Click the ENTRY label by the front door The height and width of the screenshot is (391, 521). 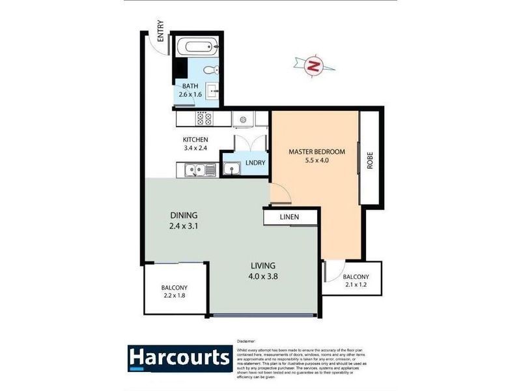click(160, 33)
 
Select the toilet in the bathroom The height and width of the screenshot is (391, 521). click(208, 70)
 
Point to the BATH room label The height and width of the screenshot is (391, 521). click(190, 86)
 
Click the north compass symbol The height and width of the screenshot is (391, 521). click(314, 65)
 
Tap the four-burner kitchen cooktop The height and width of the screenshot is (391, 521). click(203, 119)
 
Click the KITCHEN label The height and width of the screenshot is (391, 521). click(195, 139)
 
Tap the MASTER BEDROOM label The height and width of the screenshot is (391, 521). click(317, 152)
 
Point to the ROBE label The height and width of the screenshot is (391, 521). click(370, 162)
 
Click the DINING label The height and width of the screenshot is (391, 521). click(184, 215)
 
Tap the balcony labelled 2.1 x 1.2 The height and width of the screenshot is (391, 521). click(356, 281)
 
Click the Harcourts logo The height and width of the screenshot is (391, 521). click(179, 358)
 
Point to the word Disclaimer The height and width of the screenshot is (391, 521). click(247, 341)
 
